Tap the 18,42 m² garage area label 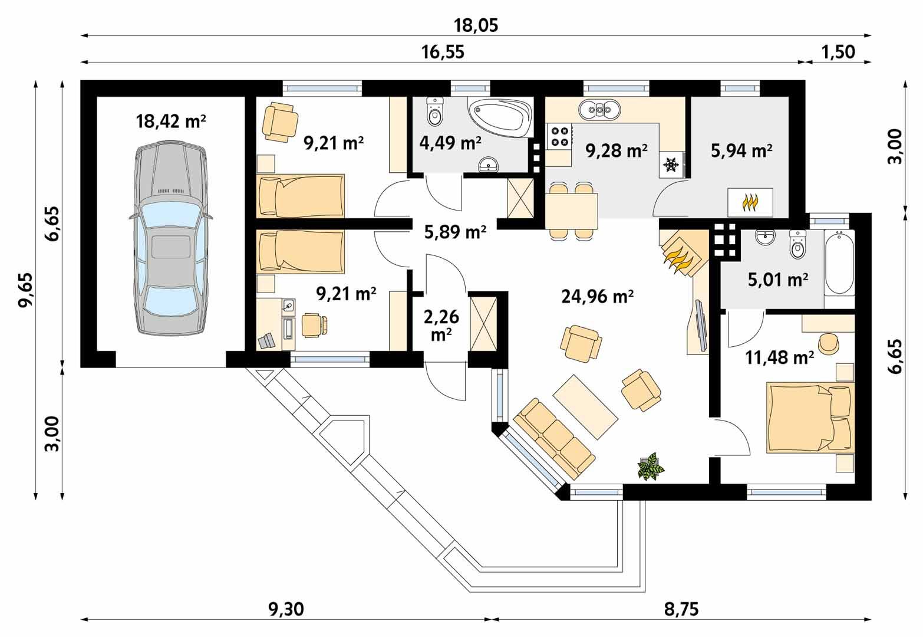point(171,122)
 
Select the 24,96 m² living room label point(597,297)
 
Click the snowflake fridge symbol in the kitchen point(670,165)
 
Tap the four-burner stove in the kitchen point(559,136)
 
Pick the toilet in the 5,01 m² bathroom point(797,244)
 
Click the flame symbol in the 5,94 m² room point(750,202)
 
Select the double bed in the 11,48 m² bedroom point(809,418)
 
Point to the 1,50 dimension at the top point(838,52)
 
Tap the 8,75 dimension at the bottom point(681,608)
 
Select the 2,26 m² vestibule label point(441,325)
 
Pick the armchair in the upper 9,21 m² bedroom point(279,121)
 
